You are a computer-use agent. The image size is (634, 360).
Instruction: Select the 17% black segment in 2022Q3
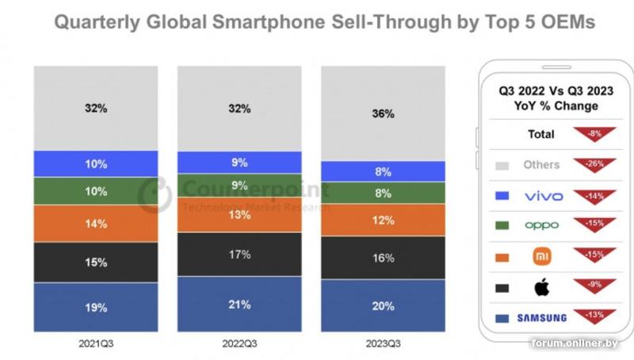(x=239, y=254)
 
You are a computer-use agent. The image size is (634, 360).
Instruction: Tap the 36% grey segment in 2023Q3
(x=383, y=113)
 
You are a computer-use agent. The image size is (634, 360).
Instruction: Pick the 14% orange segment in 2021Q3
(x=96, y=224)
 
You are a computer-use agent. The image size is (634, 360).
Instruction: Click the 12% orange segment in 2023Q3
(x=383, y=220)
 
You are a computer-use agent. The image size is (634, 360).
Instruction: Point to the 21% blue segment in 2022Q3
(x=239, y=304)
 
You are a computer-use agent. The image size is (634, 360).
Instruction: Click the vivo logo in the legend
(x=541, y=196)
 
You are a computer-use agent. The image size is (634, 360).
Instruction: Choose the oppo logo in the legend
(x=541, y=226)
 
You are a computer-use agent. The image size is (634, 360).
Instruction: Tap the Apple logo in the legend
(x=541, y=286)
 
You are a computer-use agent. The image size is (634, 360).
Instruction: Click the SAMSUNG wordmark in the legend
(x=541, y=318)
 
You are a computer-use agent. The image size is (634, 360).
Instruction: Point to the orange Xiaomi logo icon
(x=541, y=256)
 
